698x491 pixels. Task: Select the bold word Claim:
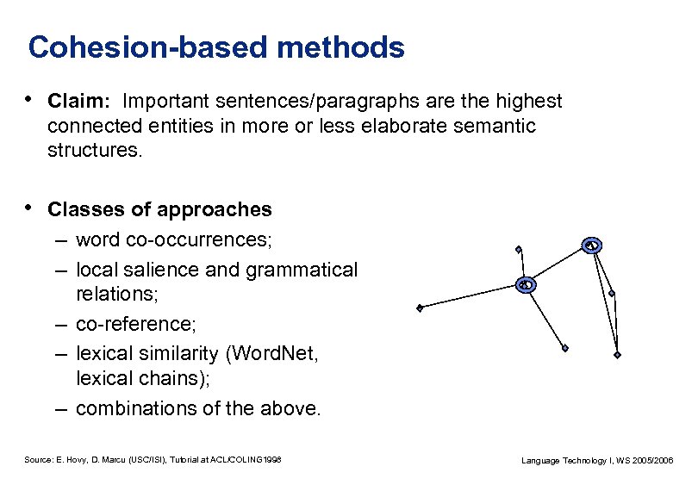point(73,102)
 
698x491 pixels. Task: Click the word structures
point(97,152)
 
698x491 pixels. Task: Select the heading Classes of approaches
point(159,209)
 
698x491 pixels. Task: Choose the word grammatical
point(301,270)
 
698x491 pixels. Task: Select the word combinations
point(135,408)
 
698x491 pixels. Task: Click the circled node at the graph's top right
point(591,245)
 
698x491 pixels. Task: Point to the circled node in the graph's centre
point(527,284)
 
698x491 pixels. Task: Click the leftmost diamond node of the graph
point(419,308)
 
